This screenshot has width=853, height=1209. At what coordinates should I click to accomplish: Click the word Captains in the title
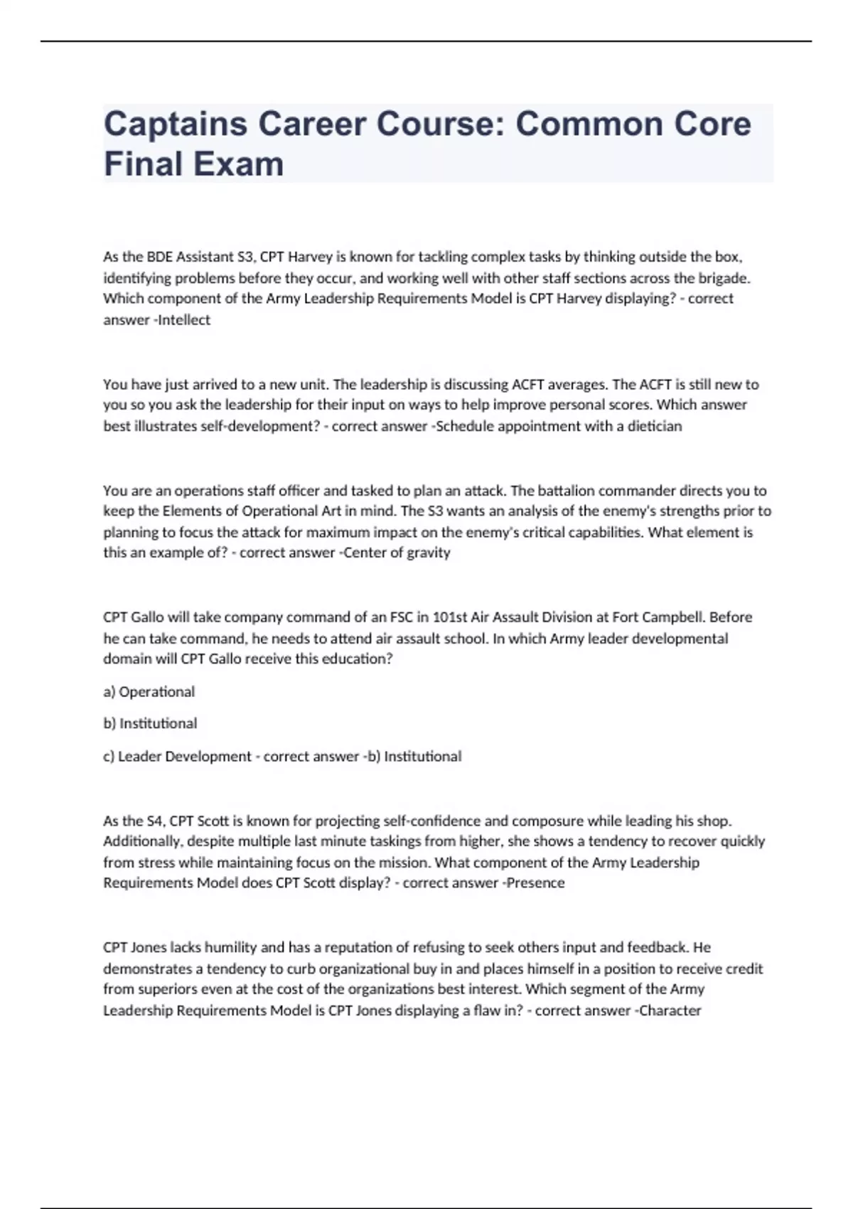(175, 124)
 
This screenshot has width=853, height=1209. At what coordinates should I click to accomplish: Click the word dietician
(655, 427)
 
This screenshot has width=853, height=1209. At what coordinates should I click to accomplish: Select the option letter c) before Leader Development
(109, 757)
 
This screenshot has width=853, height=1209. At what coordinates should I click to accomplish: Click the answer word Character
(670, 1011)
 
